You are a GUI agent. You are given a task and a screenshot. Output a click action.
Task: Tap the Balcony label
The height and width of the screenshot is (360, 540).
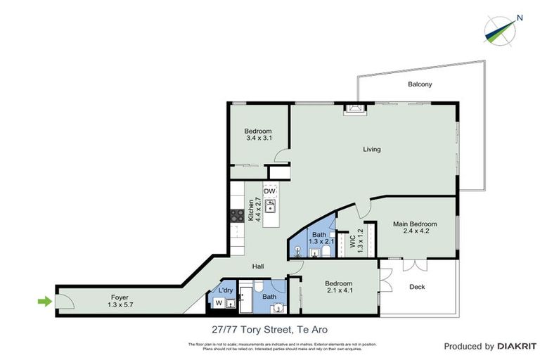click(420, 84)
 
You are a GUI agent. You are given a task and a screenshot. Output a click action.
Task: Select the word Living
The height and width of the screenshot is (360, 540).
click(371, 149)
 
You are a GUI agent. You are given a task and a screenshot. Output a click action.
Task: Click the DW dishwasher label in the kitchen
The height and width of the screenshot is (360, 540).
click(269, 191)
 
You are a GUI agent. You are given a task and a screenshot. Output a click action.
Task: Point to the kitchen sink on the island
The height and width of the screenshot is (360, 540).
click(270, 207)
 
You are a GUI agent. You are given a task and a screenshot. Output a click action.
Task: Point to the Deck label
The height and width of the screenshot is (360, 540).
click(416, 286)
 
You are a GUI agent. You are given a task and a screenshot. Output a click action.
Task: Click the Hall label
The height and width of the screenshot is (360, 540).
click(259, 266)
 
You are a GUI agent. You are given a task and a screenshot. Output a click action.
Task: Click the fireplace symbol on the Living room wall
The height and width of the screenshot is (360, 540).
click(353, 108)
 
